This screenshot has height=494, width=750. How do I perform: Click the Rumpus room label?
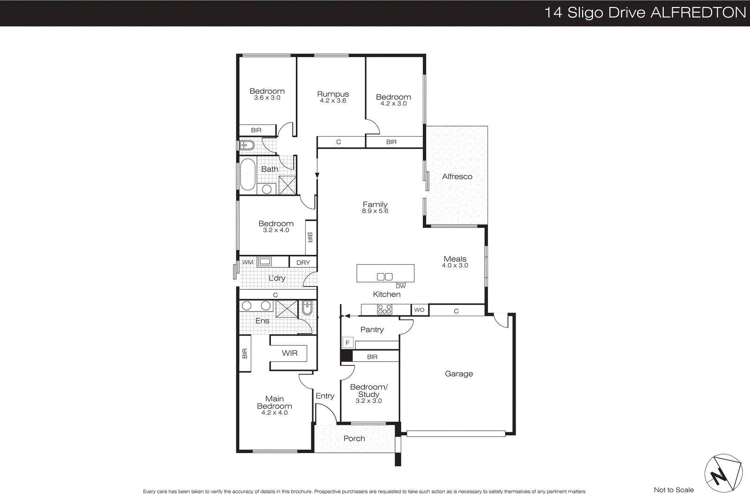point(333,94)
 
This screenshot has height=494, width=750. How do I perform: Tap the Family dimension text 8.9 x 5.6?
point(375,211)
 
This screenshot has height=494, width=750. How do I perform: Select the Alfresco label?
point(457,176)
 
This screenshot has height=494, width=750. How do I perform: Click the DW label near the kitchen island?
point(401,286)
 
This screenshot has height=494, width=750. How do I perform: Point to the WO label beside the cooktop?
point(419,310)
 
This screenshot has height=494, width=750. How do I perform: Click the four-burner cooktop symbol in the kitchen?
point(384,309)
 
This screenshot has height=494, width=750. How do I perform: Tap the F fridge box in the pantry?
point(347,343)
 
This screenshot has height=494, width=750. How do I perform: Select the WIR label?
point(289,353)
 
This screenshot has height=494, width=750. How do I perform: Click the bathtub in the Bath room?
point(247,175)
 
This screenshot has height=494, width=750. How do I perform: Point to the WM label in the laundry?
point(247,262)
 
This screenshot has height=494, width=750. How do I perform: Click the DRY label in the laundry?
point(303,263)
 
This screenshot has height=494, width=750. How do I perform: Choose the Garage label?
point(458,373)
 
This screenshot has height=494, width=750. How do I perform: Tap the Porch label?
point(354,438)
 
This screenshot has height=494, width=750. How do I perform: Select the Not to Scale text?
point(674,489)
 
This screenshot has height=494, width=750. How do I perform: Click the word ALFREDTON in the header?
point(698,13)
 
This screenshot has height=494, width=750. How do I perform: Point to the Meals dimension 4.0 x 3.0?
point(455,266)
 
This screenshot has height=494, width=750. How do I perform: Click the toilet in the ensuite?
point(307,307)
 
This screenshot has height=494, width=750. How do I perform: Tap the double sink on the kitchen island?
point(385,276)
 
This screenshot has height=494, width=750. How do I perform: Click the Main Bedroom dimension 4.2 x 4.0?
point(274,412)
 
